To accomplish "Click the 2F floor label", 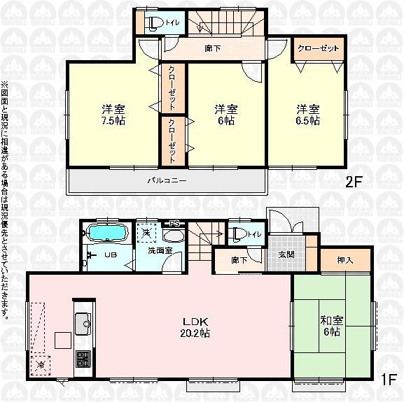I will pyautogui.click(x=354, y=183).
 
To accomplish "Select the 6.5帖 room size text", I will pyautogui.click(x=307, y=120).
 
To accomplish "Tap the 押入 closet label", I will pyautogui.click(x=344, y=260).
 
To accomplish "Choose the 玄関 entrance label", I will pyautogui.click(x=287, y=254).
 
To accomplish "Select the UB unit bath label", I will pyautogui.click(x=111, y=255).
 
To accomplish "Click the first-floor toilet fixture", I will pyautogui.click(x=239, y=234).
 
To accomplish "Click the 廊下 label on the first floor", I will pyautogui.click(x=239, y=259).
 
